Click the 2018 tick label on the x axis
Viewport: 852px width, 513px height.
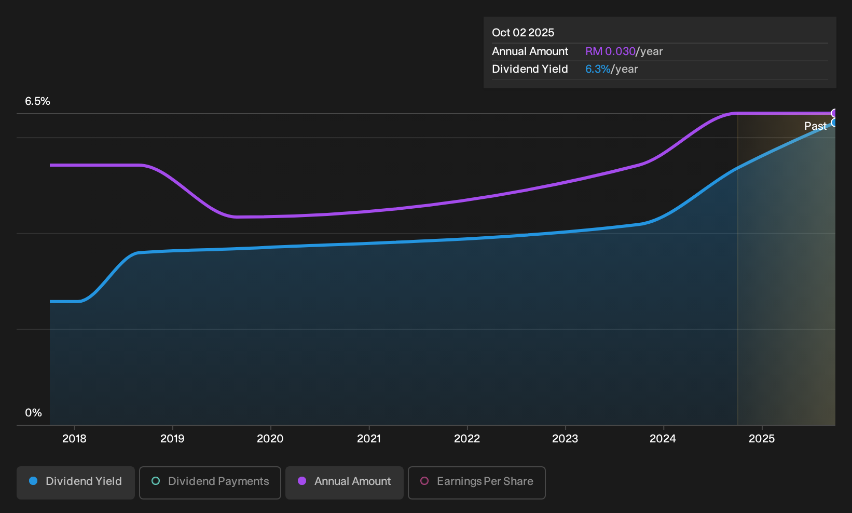pos(74,439)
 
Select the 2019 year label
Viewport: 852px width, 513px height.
pos(172,439)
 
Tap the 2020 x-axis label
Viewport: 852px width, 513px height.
pos(270,439)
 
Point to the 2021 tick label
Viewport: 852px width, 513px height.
pos(369,439)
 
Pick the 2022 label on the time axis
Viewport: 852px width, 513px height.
pos(467,439)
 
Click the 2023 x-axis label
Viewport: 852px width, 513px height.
pos(565,439)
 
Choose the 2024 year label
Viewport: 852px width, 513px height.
pos(663,439)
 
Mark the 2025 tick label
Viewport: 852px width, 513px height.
pos(762,439)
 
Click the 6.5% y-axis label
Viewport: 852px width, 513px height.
pos(37,101)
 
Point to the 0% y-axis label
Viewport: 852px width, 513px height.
pos(34,413)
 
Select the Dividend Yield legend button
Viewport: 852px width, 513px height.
pos(76,482)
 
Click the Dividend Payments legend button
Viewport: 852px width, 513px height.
pos(210,482)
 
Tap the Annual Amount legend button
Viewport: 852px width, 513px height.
pos(344,482)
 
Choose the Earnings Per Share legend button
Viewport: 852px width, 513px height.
pos(476,482)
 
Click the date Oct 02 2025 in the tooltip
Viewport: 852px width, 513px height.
pos(523,33)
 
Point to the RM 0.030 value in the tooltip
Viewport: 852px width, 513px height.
pos(610,51)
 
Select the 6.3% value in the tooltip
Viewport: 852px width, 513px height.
pos(598,69)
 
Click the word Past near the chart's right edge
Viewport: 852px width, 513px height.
pos(815,126)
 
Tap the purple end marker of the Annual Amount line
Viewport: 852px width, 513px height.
pos(834,113)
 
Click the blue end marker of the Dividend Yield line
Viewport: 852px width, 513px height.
pos(834,123)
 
